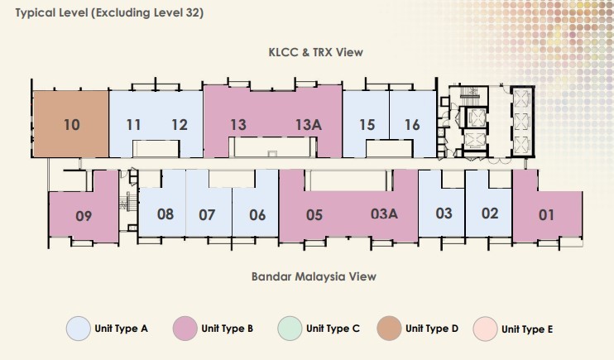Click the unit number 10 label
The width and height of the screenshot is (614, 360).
[72, 125]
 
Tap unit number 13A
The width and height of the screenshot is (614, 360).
[309, 125]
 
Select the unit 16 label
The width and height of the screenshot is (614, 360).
[412, 125]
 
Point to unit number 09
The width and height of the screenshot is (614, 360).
[84, 216]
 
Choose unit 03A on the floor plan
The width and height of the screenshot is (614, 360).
[384, 214]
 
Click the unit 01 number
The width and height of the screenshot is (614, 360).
[546, 214]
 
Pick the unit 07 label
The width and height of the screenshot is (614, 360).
[207, 214]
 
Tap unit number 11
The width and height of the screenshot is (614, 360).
[133, 125]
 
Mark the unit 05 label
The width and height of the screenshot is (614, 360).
[314, 214]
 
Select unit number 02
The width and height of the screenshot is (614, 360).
[490, 214]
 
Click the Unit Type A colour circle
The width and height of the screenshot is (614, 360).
[79, 329]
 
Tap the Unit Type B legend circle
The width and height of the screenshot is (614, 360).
[185, 329]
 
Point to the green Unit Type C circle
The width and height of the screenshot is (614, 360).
[290, 329]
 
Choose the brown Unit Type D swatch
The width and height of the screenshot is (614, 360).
[389, 329]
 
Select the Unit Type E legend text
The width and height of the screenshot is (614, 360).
[527, 329]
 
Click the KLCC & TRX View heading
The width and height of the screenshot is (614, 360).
[315, 52]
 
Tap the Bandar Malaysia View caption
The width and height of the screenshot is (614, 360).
[314, 276]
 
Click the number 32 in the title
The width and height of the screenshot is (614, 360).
[192, 12]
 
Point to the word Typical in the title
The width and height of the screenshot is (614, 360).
[36, 13]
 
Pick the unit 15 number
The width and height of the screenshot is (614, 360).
[367, 125]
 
